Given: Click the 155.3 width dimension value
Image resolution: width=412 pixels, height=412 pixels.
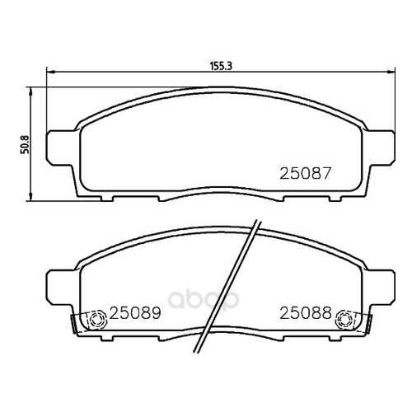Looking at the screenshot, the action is pyautogui.click(x=222, y=66).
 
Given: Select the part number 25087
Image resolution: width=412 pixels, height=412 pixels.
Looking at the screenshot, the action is pyautogui.click(x=306, y=174).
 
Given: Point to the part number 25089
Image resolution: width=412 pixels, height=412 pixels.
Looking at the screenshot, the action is pyautogui.click(x=135, y=313).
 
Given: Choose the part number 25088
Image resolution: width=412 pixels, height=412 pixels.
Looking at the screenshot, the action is pyautogui.click(x=306, y=313).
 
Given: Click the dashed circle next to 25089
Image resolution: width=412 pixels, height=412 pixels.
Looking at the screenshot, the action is pyautogui.click(x=98, y=320).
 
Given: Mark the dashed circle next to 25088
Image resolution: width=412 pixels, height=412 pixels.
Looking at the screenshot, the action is pyautogui.click(x=344, y=319).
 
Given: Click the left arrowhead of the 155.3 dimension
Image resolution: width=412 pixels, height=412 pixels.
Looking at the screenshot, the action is pyautogui.click(x=50, y=72).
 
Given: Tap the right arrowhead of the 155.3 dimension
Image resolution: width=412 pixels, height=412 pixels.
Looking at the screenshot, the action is pyautogui.click(x=391, y=72).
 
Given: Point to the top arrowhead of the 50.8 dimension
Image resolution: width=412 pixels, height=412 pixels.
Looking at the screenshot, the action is pyautogui.click(x=30, y=91).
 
